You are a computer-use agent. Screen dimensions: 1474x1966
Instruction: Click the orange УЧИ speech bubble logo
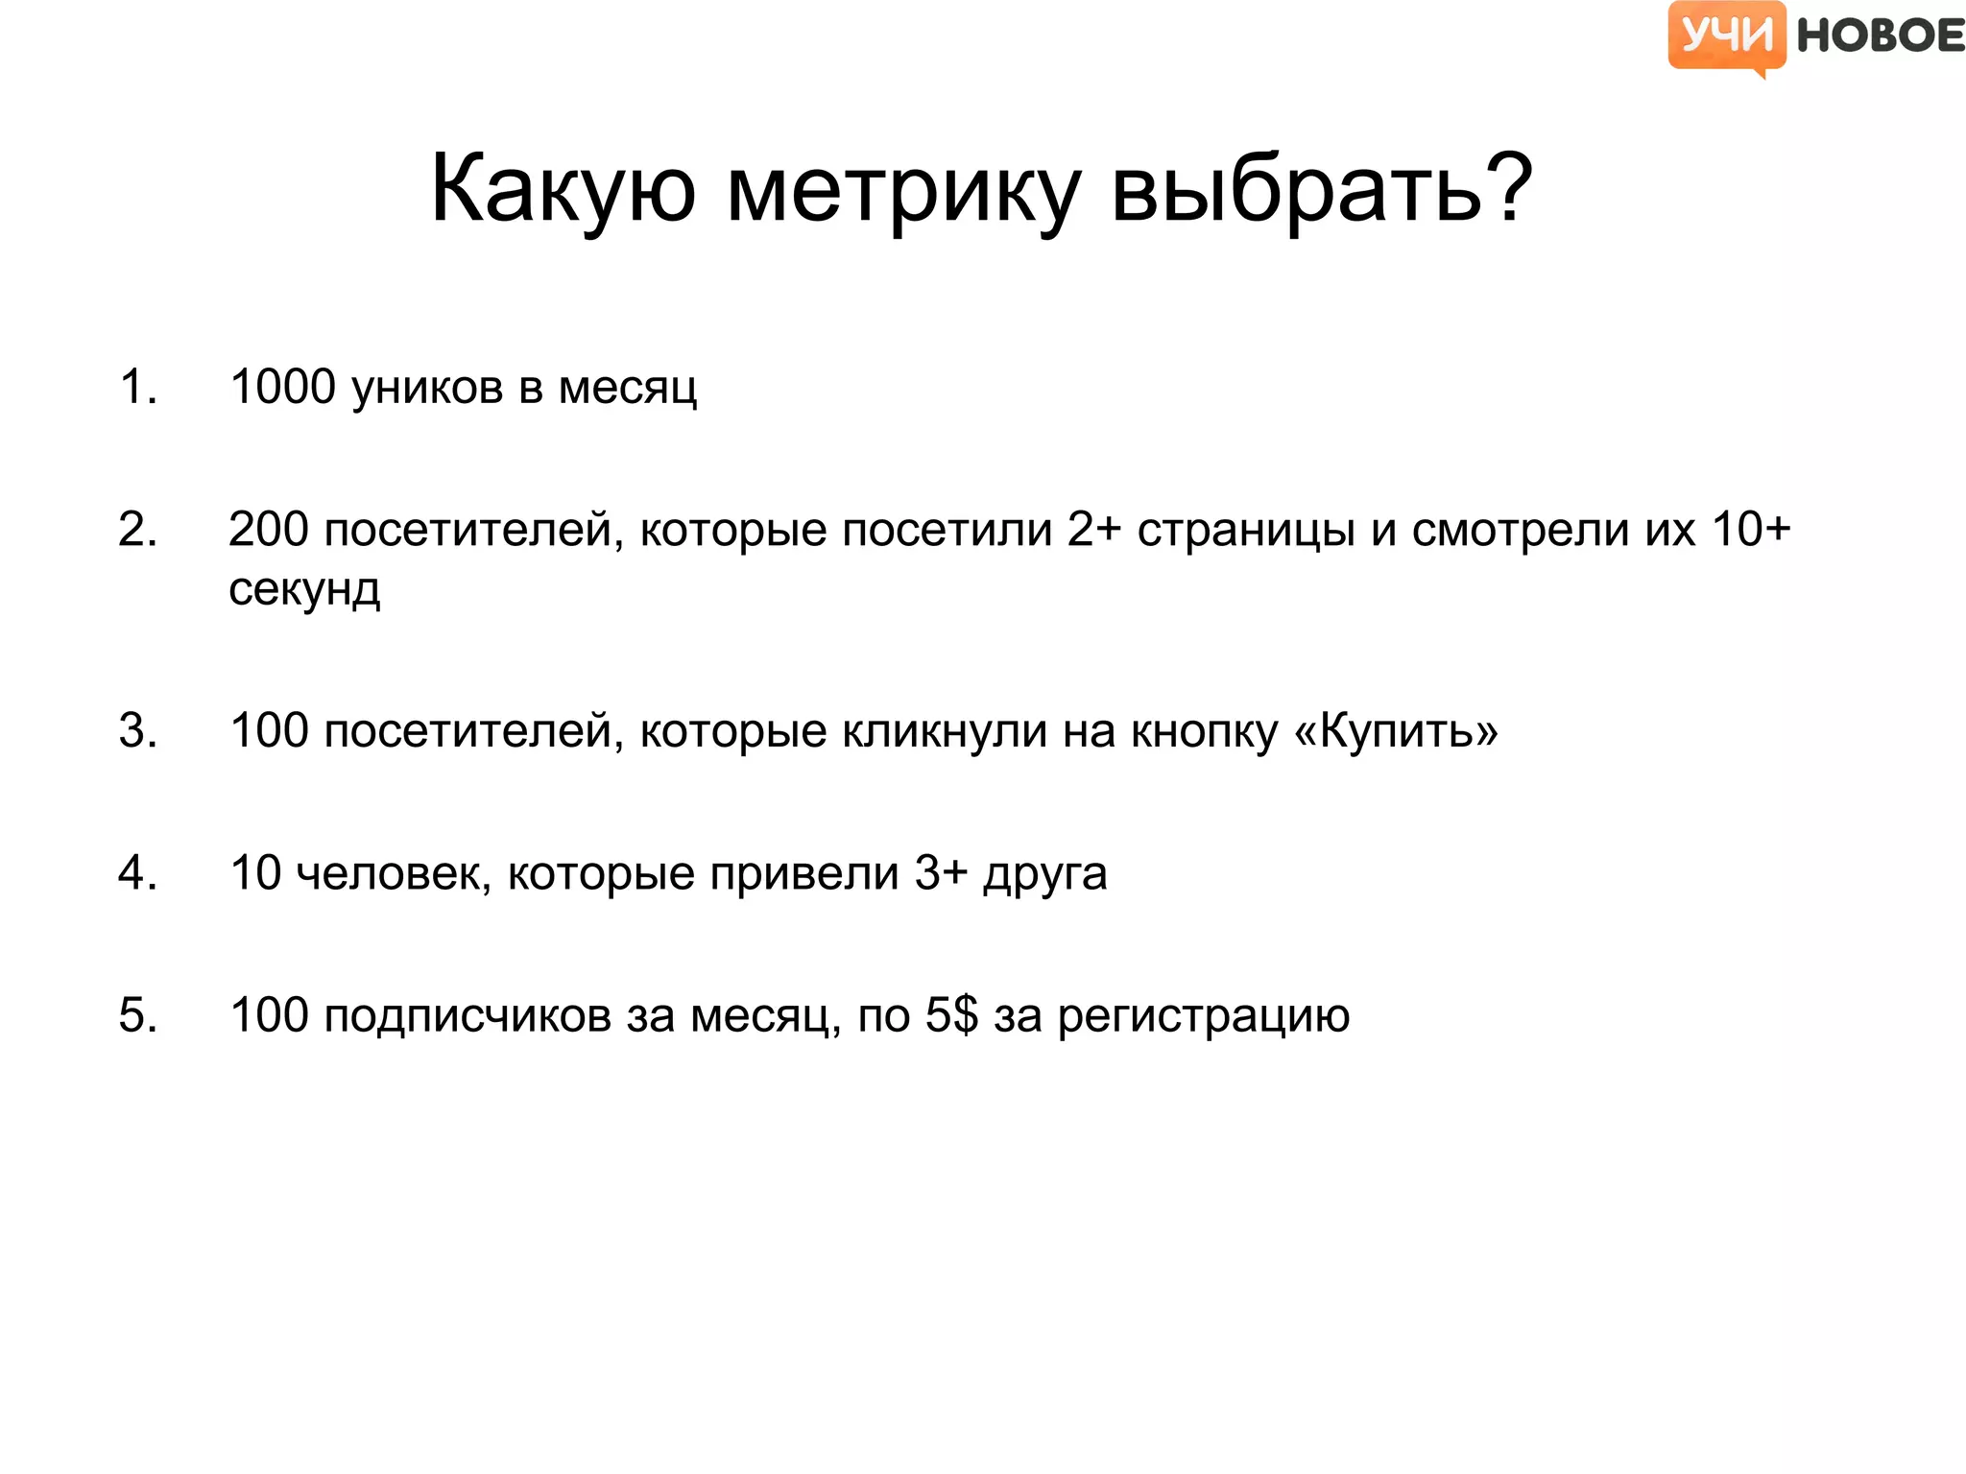[x=1726, y=36]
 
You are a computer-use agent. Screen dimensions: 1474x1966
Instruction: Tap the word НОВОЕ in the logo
[x=1880, y=36]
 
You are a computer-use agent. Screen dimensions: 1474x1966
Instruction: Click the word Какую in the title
[x=563, y=189]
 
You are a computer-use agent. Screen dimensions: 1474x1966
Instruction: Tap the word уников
[x=427, y=388]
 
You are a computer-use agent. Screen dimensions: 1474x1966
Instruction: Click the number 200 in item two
[x=269, y=530]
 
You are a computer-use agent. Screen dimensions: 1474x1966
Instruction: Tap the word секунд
[x=304, y=588]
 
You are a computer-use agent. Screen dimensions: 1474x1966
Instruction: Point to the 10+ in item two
[x=1751, y=530]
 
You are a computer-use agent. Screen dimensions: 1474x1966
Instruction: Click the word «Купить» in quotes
[x=1396, y=731]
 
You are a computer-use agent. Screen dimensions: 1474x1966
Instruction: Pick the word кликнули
[x=945, y=731]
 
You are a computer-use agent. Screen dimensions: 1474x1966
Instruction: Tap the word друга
[x=1044, y=873]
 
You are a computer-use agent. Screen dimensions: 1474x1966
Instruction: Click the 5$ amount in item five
[x=951, y=1015]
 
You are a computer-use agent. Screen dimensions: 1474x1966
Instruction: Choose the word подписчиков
[x=468, y=1015]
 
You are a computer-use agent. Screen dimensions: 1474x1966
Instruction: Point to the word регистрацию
[x=1204, y=1015]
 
